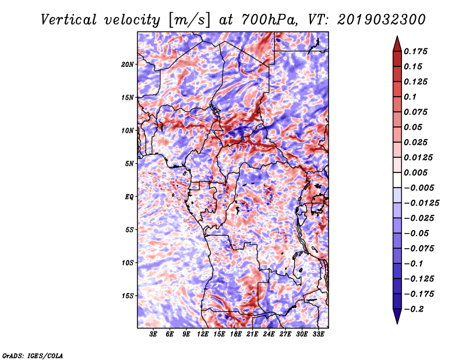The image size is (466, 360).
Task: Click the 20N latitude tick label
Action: pos(128,64)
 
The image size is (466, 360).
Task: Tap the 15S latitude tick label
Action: pos(128,296)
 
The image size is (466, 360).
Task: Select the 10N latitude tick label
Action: pos(128,130)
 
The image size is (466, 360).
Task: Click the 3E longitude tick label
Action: pos(154,334)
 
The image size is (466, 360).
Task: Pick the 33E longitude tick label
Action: pos(318,334)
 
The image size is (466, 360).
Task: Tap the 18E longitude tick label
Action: pos(236,334)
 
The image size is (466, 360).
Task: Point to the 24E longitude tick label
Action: pos(269,334)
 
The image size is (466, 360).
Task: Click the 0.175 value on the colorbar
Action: pos(416,51)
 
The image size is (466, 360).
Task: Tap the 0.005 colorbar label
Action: pos(416,173)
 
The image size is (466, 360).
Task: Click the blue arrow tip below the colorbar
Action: pos(397,319)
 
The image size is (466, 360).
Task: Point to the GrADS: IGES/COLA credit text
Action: pos(33,355)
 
